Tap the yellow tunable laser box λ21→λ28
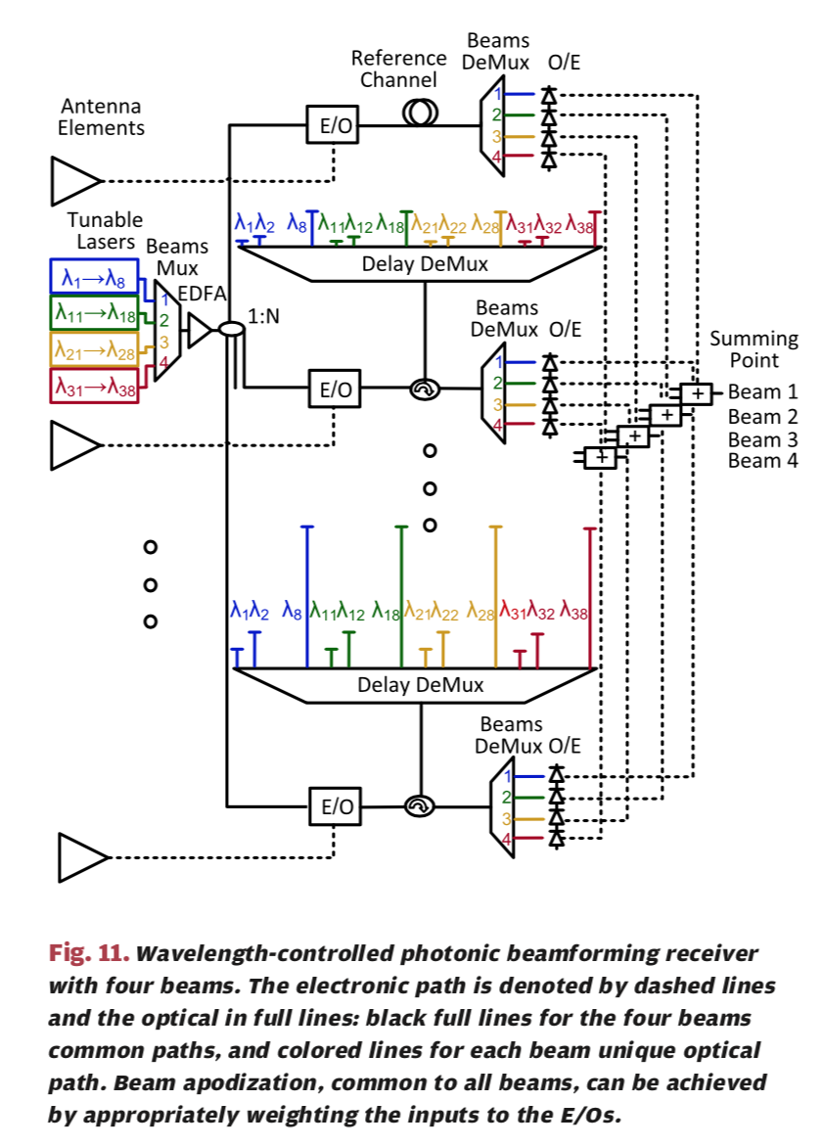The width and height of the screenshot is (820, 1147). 92,348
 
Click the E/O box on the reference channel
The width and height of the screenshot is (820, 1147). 335,125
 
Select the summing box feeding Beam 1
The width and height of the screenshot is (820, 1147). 696,392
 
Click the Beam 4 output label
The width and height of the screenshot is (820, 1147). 762,461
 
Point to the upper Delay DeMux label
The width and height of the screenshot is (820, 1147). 424,263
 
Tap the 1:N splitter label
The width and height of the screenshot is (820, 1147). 264,317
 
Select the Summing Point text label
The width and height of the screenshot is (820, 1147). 753,349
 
